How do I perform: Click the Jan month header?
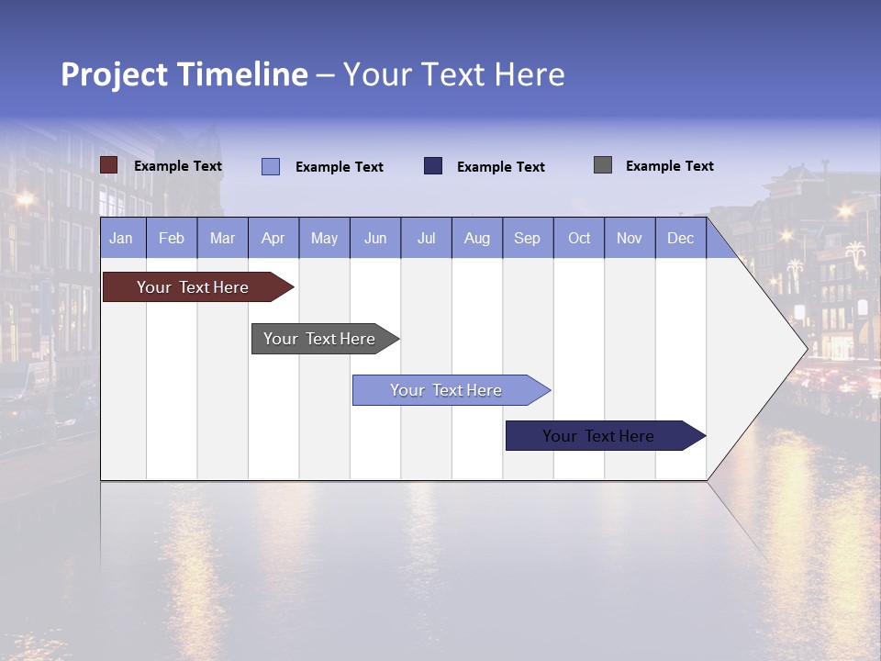tap(121, 238)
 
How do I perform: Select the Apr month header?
tap(273, 238)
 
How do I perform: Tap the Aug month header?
tap(476, 238)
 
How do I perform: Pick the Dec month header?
tap(680, 238)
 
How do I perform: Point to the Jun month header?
tap(374, 238)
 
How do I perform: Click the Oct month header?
tap(579, 238)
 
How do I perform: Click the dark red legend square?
tap(109, 165)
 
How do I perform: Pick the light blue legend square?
tap(271, 166)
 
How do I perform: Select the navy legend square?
tap(433, 166)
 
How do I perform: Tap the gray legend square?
tap(603, 165)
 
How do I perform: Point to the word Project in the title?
tap(115, 74)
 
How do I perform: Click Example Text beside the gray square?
tap(669, 166)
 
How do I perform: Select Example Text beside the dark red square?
tap(178, 166)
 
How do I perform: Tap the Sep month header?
tap(527, 238)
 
